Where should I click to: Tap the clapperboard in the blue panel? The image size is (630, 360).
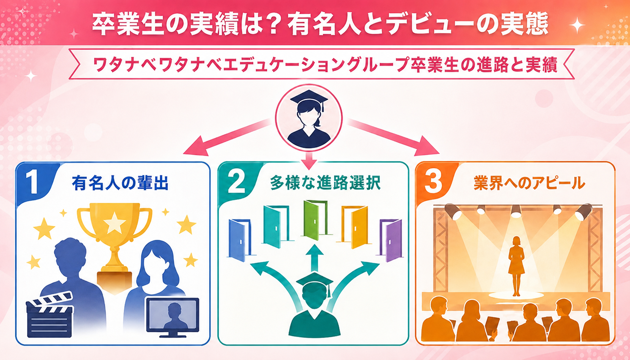point(50,315)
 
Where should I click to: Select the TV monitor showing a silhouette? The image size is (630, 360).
point(173,317)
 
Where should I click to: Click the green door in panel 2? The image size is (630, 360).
point(315,220)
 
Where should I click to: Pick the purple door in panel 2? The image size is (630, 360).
point(391,240)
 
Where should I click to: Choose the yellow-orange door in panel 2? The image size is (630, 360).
point(355,227)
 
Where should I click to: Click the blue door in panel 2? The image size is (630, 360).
point(240,240)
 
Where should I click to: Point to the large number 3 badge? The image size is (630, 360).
point(433,182)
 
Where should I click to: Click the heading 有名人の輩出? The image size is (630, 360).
point(120,183)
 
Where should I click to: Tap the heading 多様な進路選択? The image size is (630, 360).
point(325,183)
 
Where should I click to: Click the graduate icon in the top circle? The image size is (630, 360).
point(309,118)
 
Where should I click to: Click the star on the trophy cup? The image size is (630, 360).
point(115,223)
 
